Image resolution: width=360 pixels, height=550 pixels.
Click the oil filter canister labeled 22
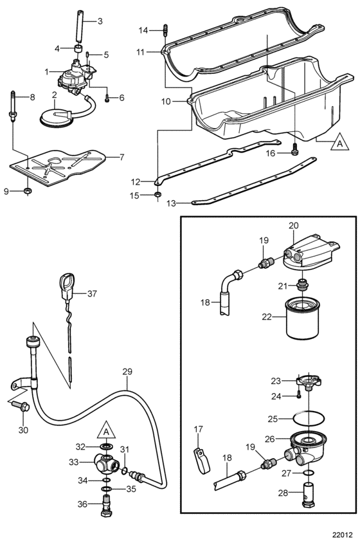click(x=303, y=318)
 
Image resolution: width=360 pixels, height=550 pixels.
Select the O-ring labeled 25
click(x=308, y=419)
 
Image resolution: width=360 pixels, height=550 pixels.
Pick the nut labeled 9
click(x=28, y=191)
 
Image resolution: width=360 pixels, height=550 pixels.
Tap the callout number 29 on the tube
click(x=127, y=371)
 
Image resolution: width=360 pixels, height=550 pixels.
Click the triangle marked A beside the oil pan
click(x=339, y=142)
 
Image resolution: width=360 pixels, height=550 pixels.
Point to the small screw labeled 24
click(x=298, y=395)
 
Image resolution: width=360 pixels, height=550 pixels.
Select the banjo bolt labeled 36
click(x=106, y=506)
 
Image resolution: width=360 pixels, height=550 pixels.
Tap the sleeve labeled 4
click(x=80, y=49)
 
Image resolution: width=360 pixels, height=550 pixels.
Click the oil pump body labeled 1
click(x=75, y=78)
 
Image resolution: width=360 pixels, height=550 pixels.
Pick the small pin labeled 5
click(x=87, y=55)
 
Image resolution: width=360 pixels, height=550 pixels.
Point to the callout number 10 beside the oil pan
click(x=166, y=102)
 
